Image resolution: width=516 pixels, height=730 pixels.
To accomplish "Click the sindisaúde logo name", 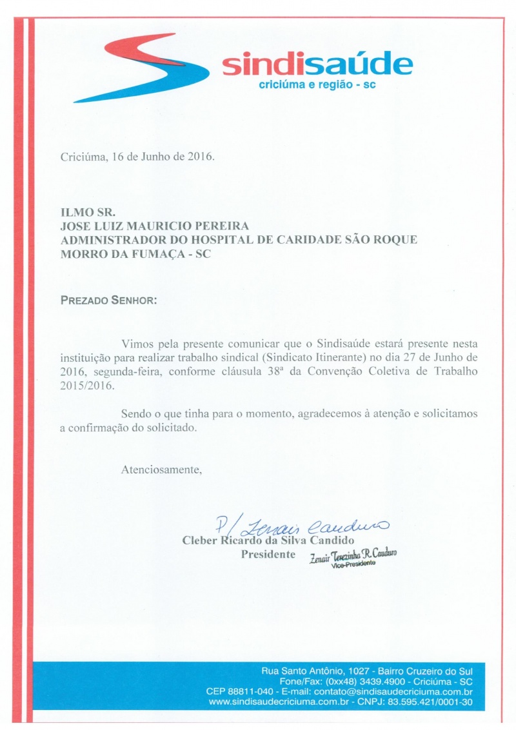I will coord(317,66).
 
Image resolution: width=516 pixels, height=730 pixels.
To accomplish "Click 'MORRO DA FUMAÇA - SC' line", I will coord(135,253).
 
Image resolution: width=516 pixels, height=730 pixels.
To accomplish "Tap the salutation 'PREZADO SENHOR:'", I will coord(108,301).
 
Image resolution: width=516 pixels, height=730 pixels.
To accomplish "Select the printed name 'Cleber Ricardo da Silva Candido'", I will coord(269,540).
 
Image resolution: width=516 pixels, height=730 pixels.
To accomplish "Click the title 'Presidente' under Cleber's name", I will coord(268,555).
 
